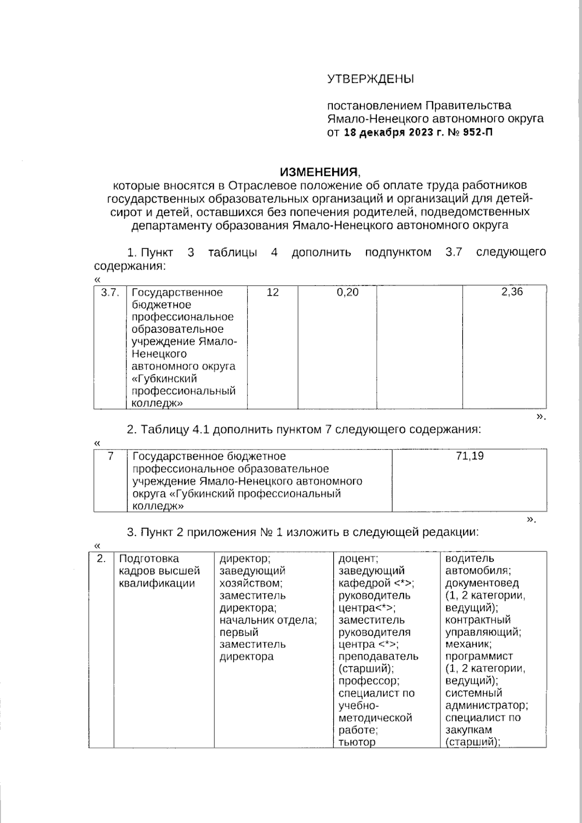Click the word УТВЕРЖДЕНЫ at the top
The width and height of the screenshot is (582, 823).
click(371, 79)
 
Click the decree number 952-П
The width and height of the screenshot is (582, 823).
click(477, 132)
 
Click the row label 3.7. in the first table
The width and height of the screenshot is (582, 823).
click(110, 292)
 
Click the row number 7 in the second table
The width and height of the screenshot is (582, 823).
click(110, 456)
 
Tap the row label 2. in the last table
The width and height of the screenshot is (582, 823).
click(101, 559)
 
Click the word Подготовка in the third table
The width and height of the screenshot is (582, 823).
click(149, 559)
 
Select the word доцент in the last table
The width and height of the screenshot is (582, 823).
click(357, 559)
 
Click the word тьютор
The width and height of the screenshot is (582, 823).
click(357, 742)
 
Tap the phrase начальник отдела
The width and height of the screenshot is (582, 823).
click(268, 620)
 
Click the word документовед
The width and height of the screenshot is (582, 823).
click(482, 583)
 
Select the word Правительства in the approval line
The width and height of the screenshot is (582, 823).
click(468, 106)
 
